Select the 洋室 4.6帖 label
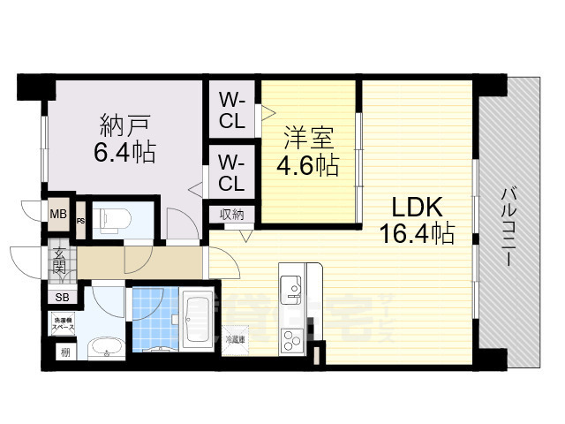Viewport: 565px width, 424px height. (x=308, y=151)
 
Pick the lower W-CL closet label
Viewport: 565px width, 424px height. (x=232, y=173)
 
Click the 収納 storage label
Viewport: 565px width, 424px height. (x=232, y=215)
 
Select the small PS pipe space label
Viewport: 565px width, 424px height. (x=80, y=222)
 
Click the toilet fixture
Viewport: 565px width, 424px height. (x=112, y=217)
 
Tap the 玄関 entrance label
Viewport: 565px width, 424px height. (x=59, y=261)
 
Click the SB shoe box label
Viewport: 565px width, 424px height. (x=62, y=298)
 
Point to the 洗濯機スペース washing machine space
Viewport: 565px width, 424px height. (x=63, y=323)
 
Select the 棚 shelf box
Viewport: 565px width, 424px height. (x=64, y=352)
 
